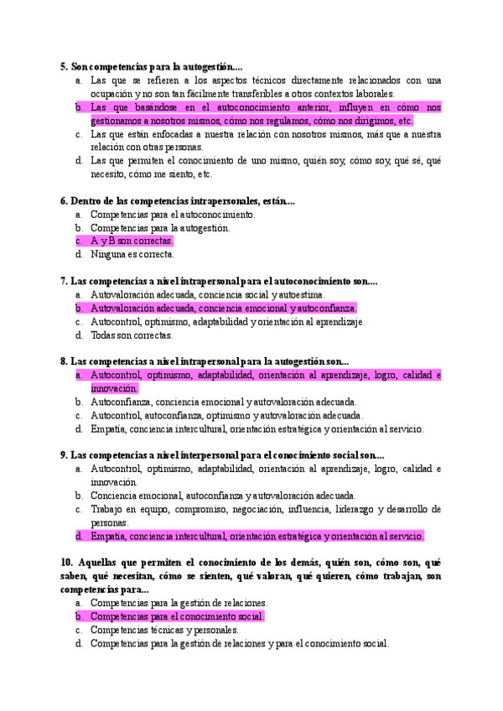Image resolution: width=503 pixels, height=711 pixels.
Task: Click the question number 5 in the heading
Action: click(64, 66)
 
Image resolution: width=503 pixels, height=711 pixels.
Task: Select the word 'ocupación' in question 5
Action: click(111, 94)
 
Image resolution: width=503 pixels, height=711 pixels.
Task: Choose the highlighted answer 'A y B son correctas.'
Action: click(132, 241)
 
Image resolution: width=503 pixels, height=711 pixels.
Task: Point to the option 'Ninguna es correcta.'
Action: click(132, 254)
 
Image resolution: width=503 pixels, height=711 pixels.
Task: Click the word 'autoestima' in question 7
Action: click(301, 295)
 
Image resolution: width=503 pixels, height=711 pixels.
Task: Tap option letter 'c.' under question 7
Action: click(78, 322)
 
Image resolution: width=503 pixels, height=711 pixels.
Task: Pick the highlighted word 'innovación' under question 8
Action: click(114, 389)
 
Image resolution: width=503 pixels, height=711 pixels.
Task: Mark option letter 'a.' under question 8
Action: click(78, 376)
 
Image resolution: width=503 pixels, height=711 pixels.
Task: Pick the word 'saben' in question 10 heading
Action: click(74, 576)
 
